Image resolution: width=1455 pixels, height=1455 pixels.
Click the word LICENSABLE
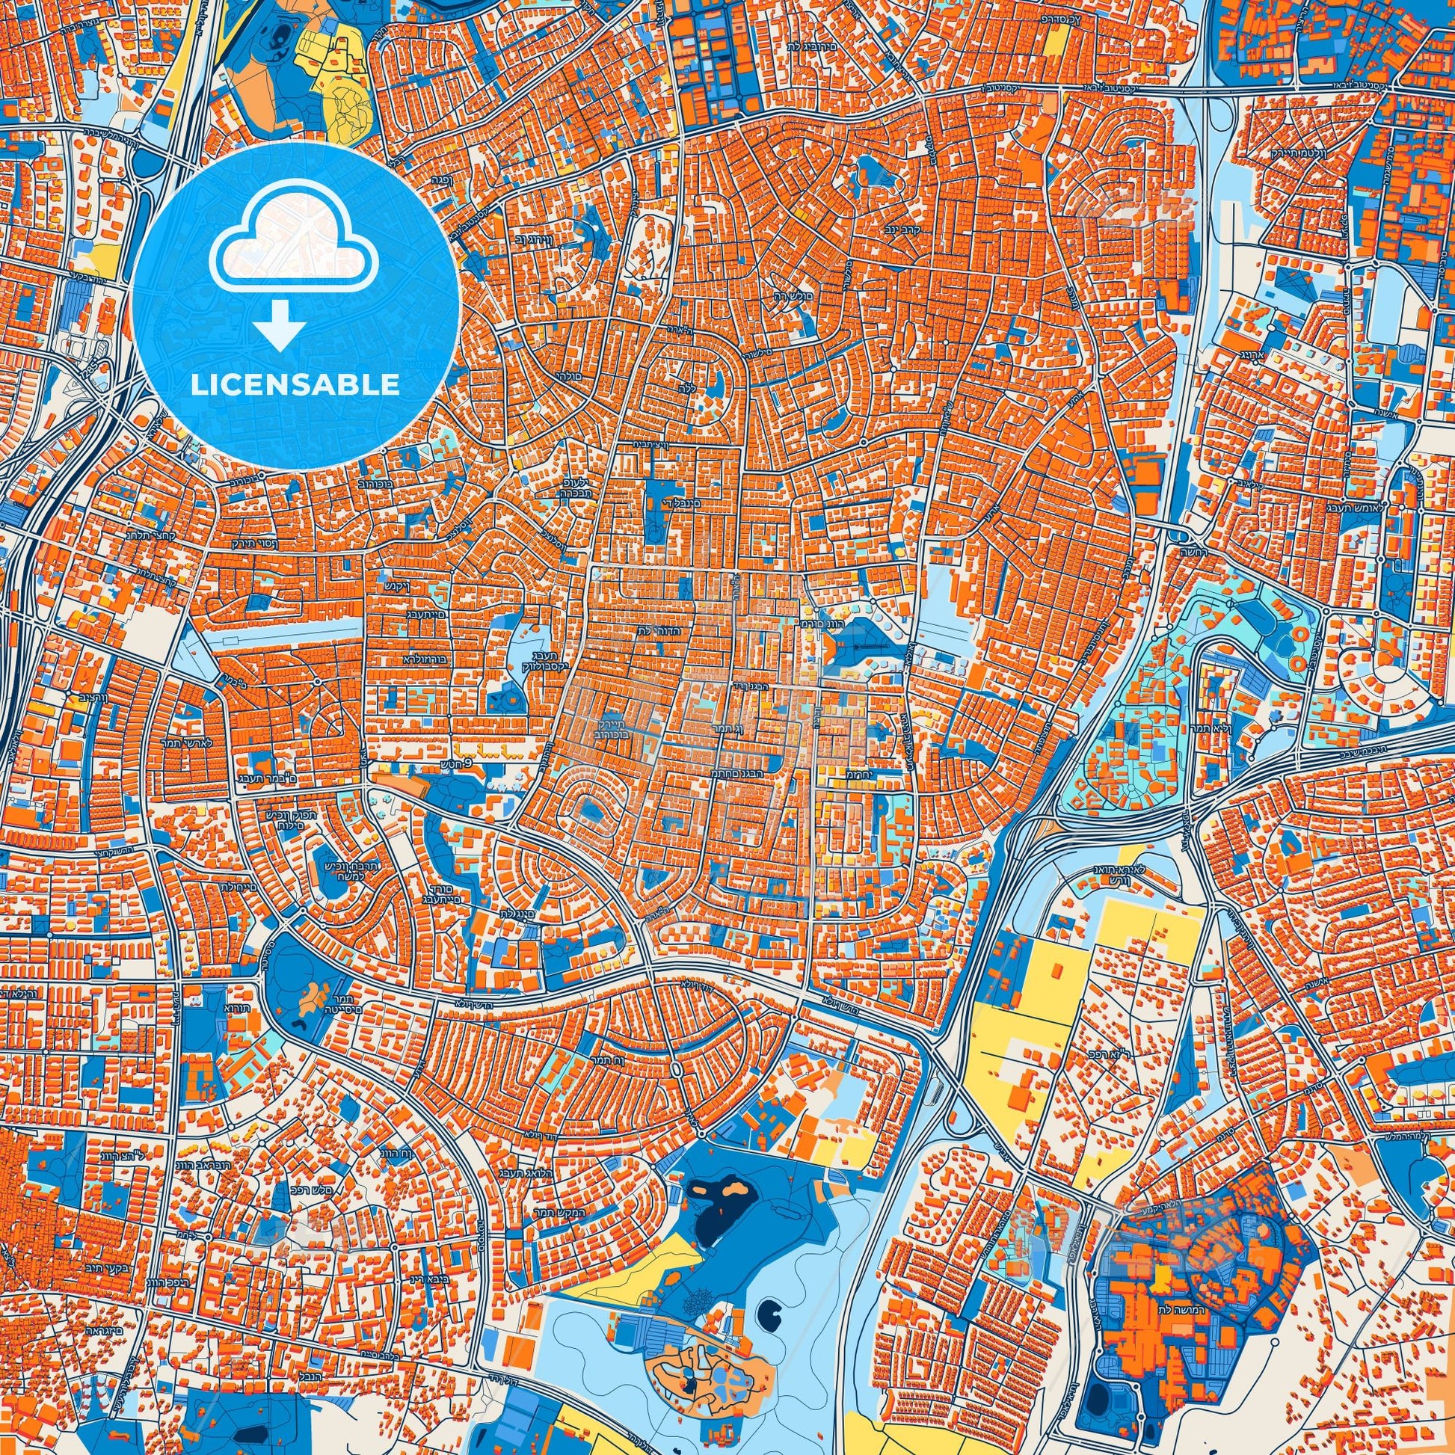click(295, 386)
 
